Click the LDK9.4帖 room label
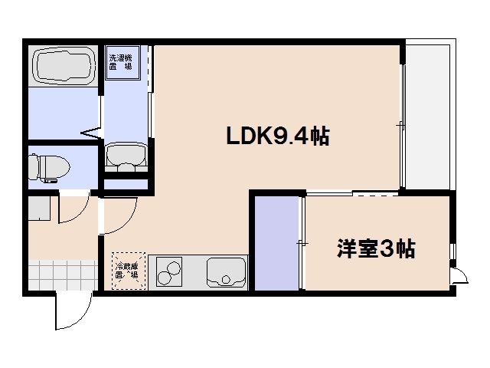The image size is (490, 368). (277, 136)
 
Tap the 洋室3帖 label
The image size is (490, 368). (376, 248)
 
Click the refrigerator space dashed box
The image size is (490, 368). (126, 270)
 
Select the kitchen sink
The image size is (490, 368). (227, 271)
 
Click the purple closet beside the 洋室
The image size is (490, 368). (276, 243)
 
